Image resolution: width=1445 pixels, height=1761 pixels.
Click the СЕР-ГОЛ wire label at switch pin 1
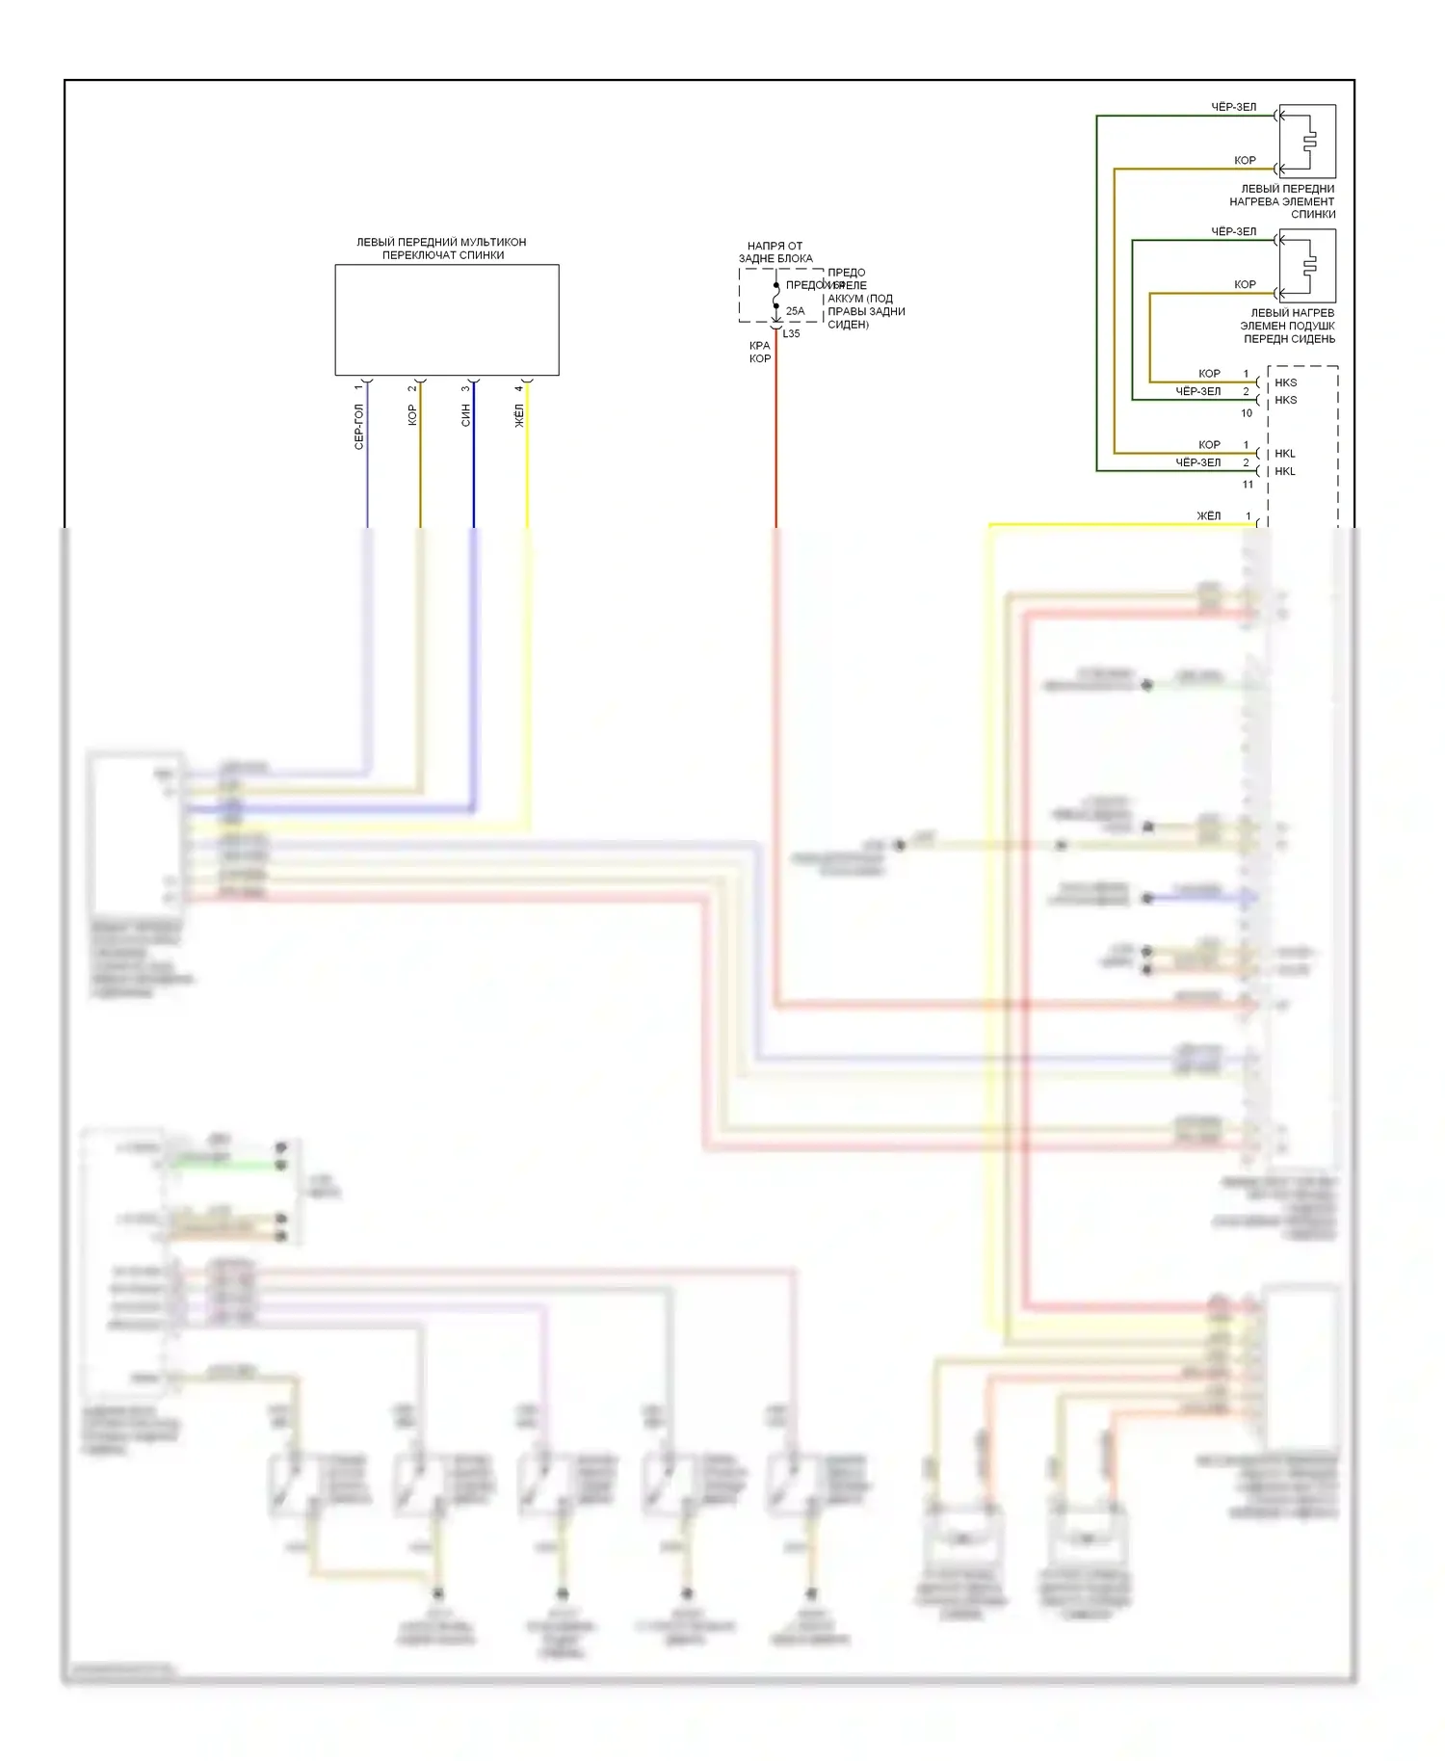click(x=359, y=427)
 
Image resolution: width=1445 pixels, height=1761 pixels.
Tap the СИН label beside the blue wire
click(x=466, y=415)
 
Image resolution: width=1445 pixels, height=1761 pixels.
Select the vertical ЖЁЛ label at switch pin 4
click(x=519, y=415)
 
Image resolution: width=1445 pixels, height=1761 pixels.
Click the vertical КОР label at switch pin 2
click(x=412, y=415)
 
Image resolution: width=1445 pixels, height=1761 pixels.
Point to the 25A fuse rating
click(x=795, y=311)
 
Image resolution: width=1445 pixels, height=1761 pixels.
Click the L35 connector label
click(x=791, y=334)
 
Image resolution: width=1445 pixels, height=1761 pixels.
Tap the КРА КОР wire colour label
click(x=760, y=352)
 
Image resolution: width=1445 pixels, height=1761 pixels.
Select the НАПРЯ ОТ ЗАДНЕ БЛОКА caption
click(x=775, y=252)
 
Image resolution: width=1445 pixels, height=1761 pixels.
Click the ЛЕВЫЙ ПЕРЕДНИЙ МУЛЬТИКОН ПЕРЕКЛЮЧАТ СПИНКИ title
click(x=442, y=249)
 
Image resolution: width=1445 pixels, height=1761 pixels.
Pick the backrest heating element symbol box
click(x=1307, y=142)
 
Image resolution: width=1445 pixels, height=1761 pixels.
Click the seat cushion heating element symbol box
click(x=1307, y=265)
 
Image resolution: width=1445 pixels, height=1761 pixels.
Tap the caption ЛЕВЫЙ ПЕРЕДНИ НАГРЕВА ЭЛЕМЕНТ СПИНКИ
click(x=1284, y=201)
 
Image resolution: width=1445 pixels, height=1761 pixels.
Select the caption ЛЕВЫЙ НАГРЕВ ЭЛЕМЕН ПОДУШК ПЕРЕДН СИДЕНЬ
click(x=1288, y=326)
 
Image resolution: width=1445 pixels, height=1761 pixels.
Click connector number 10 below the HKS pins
click(x=1247, y=413)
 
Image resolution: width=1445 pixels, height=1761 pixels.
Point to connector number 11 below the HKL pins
click(x=1248, y=485)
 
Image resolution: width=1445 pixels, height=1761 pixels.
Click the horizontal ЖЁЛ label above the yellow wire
click(x=1208, y=516)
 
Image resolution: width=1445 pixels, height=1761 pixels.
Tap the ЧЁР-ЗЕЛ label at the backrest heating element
click(x=1233, y=107)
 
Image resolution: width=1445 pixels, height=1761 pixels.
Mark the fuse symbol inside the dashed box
click(x=776, y=296)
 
